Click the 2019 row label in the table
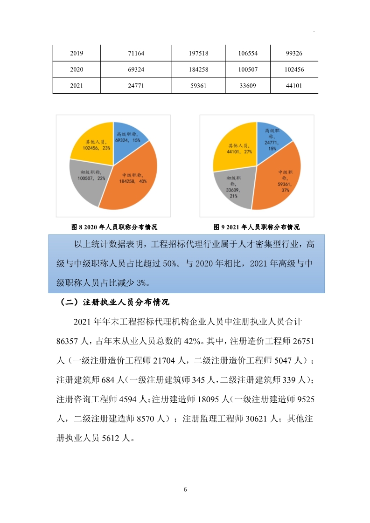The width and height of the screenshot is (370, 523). (x=77, y=54)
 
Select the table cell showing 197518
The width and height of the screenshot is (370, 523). (x=198, y=54)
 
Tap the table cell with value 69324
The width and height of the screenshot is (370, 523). (x=135, y=69)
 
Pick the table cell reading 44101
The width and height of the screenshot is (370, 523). (x=294, y=86)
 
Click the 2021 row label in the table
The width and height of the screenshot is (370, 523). (x=77, y=86)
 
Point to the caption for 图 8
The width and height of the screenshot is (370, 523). (x=114, y=227)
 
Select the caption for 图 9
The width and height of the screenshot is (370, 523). (x=256, y=227)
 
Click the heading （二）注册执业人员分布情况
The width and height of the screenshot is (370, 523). (x=115, y=302)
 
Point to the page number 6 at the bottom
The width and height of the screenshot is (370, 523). (x=185, y=489)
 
